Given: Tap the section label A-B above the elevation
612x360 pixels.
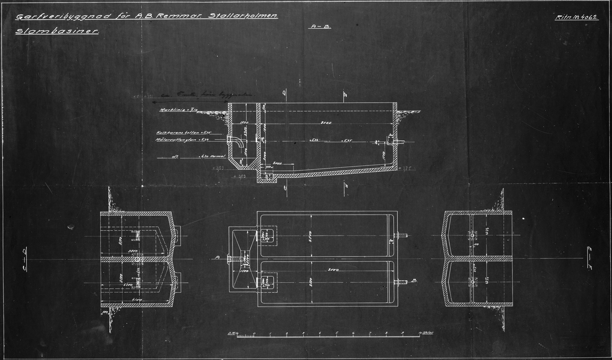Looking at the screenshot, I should click(320, 27).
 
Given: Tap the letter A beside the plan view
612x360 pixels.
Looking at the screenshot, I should click(218, 258).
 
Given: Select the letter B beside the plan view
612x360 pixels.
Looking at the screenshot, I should click(415, 280).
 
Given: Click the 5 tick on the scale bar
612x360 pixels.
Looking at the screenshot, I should click(336, 335).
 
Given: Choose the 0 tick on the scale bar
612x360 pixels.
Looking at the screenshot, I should click(254, 335).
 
